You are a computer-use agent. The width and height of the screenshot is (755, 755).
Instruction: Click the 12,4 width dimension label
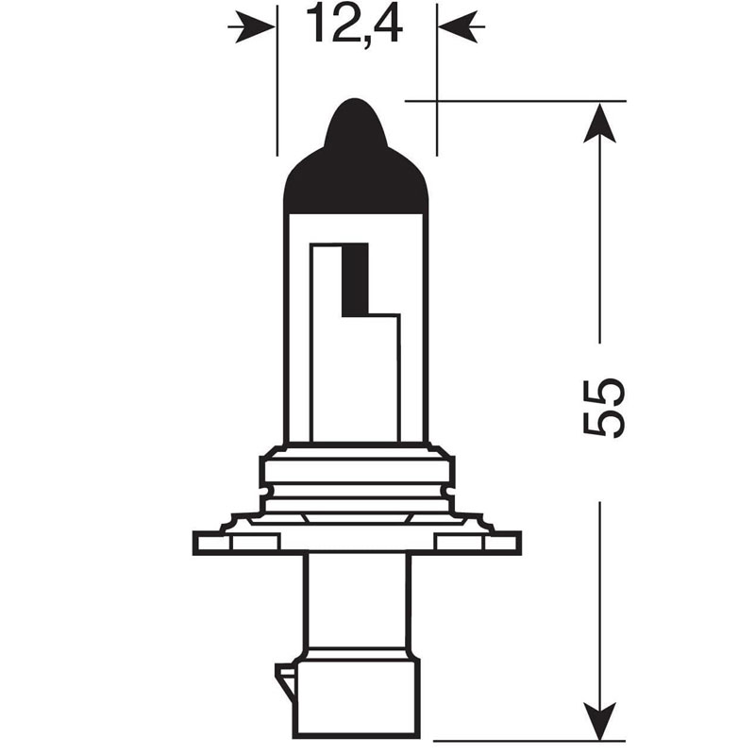click(x=354, y=25)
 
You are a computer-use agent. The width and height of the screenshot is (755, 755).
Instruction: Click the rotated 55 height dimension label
click(x=603, y=408)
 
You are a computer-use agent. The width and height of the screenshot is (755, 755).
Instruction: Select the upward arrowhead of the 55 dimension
click(x=599, y=123)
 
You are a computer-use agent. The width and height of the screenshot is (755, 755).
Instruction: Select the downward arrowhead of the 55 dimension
click(x=599, y=720)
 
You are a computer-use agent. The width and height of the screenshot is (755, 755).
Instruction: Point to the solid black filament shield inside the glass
click(x=355, y=279)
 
